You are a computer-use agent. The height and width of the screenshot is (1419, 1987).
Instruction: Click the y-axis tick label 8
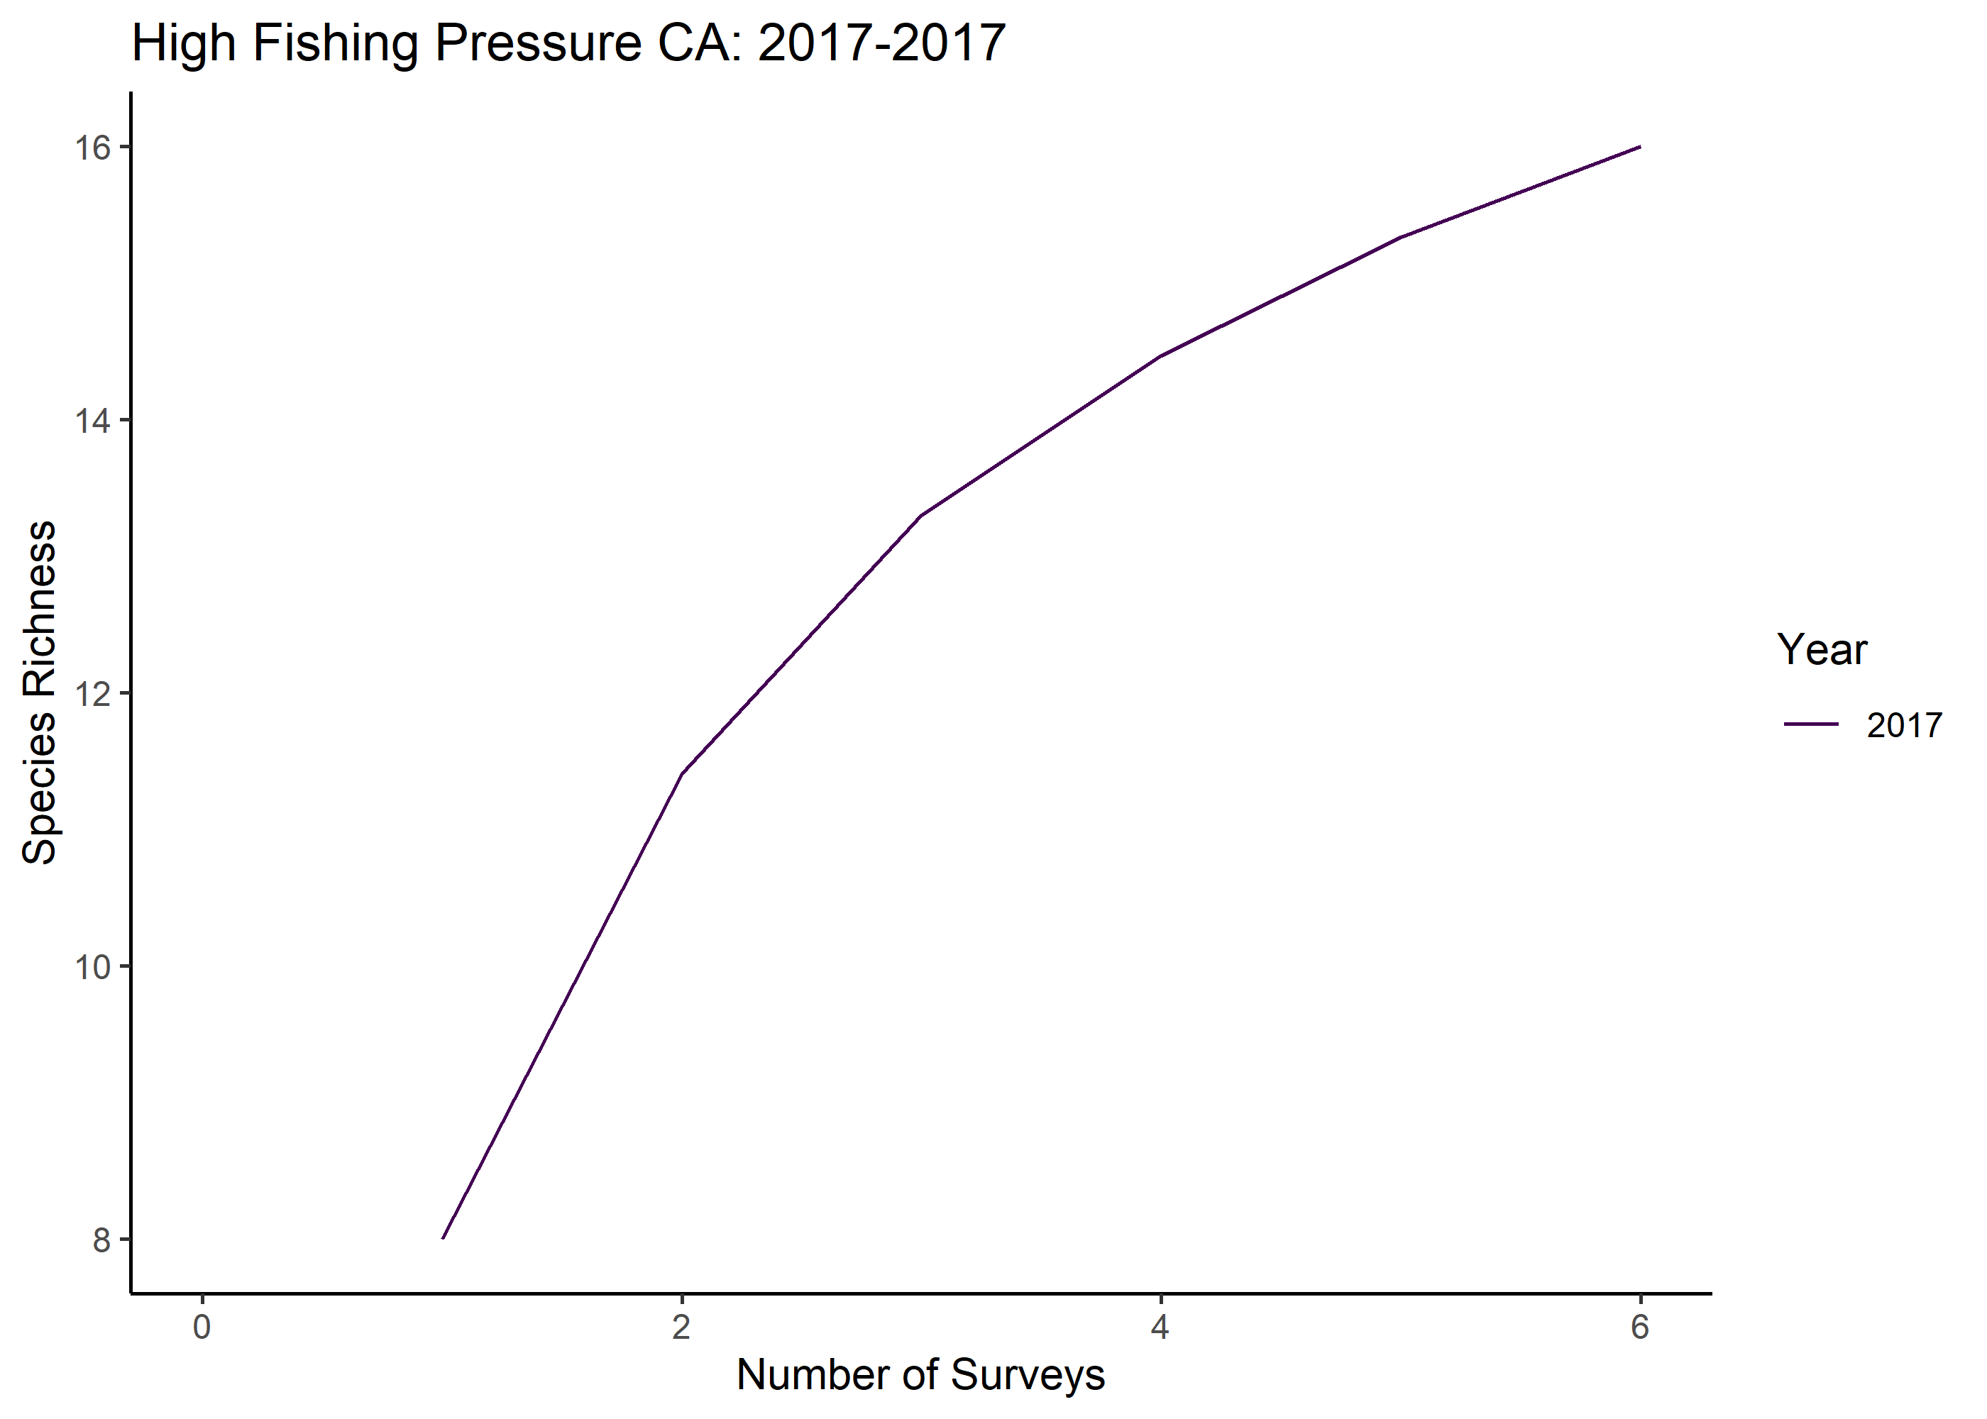pyautogui.click(x=102, y=1241)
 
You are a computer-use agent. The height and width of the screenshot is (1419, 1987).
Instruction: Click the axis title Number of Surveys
pyautogui.click(x=921, y=1375)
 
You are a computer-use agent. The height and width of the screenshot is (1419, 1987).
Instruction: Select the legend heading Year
pyautogui.click(x=1822, y=649)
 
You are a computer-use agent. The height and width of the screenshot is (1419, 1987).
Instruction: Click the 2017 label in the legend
pyautogui.click(x=1904, y=725)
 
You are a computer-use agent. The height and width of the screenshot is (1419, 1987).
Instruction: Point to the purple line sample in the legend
pyautogui.click(x=1812, y=724)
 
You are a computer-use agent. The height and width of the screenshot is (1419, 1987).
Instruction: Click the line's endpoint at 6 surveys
pyautogui.click(x=1640, y=147)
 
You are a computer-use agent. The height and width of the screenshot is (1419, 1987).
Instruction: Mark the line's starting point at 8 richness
pyautogui.click(x=443, y=1238)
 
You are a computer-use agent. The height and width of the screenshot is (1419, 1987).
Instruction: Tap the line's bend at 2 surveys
pyautogui.click(x=681, y=774)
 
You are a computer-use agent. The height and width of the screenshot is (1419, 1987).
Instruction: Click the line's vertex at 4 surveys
pyautogui.click(x=1160, y=355)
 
